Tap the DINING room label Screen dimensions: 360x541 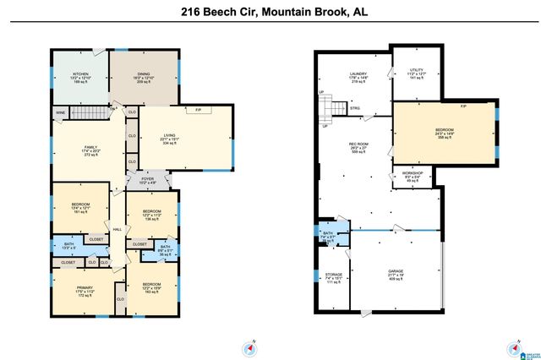point(144,74)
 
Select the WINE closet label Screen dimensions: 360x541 point(60,112)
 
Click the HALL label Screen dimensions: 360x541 point(117,228)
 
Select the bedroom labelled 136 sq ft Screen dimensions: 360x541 point(152,210)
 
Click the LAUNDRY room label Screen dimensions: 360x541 point(358,74)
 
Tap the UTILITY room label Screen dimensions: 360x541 point(416,70)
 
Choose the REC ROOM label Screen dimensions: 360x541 point(358,144)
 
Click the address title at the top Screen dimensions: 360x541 point(270,13)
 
